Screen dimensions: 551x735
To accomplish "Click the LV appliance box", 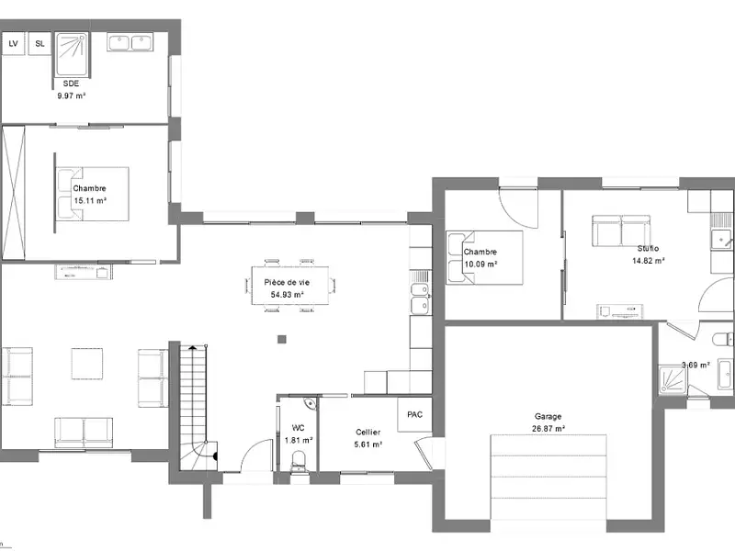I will [x=13, y=43].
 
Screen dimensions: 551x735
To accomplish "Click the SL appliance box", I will [x=40, y=43].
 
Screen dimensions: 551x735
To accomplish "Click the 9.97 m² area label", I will [x=71, y=94].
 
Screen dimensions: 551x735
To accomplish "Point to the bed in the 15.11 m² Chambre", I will [x=92, y=194].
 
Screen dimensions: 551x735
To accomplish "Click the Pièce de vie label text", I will [x=286, y=282].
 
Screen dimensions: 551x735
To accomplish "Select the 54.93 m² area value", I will [x=286, y=295].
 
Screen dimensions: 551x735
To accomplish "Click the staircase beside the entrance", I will [x=195, y=404].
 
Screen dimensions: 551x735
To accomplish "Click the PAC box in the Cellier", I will [x=414, y=414].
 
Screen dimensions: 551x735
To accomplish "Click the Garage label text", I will [x=548, y=416].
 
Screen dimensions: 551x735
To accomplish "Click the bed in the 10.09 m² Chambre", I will [x=483, y=257].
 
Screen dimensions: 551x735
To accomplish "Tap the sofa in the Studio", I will [x=620, y=231].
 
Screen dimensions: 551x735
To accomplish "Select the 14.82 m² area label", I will [x=648, y=261].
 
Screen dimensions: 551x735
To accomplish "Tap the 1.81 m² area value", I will [x=299, y=440].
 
